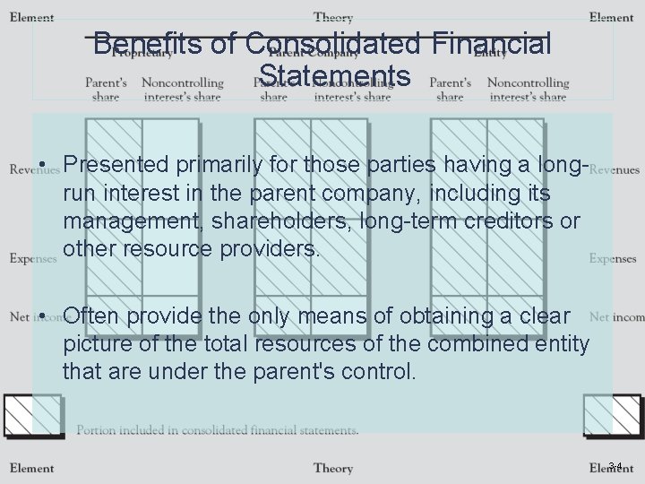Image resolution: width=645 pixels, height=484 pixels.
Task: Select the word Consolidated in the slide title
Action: (x=331, y=43)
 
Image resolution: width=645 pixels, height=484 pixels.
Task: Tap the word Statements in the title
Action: (x=333, y=75)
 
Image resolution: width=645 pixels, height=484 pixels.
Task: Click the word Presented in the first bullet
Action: (x=116, y=165)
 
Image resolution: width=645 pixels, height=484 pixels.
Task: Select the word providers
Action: (x=265, y=248)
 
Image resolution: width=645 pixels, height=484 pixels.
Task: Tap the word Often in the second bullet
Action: (x=94, y=316)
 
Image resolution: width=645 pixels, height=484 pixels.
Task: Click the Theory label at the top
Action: (x=333, y=17)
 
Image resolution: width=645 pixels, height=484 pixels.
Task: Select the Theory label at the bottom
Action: (x=333, y=468)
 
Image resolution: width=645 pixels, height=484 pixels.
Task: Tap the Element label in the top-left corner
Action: (x=32, y=17)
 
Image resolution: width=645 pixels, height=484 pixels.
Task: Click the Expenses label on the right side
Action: (x=614, y=259)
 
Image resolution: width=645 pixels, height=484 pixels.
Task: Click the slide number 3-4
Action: (x=615, y=465)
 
